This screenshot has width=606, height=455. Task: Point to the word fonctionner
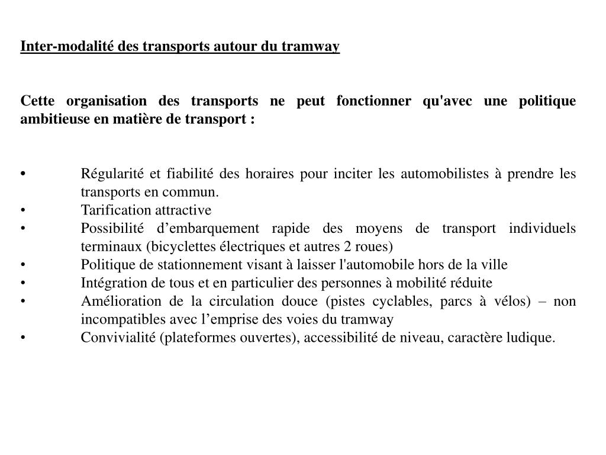373,101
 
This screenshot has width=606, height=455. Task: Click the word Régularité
112,174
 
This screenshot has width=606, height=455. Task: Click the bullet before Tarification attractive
22,210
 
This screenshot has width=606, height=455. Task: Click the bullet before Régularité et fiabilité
22,174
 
